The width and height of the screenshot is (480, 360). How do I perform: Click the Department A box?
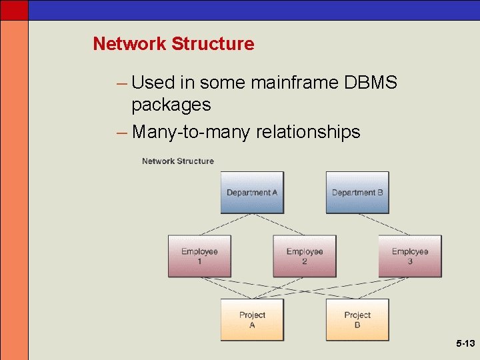pos(252,192)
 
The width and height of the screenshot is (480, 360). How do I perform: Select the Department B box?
pos(357,192)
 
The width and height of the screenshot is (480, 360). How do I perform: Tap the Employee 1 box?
pos(199,256)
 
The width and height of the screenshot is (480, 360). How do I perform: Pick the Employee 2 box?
pos(305,256)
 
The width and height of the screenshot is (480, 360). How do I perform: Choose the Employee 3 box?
pos(410,256)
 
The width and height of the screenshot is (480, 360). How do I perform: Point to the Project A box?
pos(252,319)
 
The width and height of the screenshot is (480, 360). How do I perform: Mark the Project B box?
pos(357,319)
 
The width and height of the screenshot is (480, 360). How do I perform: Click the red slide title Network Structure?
pos(173,44)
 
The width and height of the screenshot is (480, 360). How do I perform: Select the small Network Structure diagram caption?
pos(178,161)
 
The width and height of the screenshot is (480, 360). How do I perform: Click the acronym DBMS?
pos(371,83)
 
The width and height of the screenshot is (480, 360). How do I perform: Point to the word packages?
pos(171,105)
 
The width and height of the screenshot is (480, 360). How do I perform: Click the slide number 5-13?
pos(465,344)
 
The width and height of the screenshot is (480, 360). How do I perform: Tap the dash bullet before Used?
pos(121,83)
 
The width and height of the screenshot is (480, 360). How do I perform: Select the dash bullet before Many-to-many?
pos(121,132)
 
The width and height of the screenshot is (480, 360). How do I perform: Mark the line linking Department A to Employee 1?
pos(227,224)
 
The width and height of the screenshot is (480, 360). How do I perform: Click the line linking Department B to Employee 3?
pos(383,224)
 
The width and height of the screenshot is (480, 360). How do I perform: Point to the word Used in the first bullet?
pos(153,83)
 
